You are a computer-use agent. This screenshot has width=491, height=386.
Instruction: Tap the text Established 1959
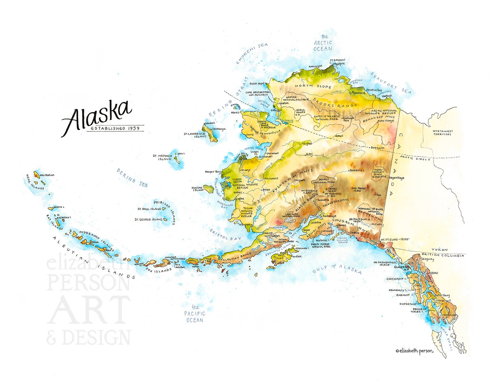[x=115, y=128]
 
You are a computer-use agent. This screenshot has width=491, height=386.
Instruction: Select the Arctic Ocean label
[x=323, y=43]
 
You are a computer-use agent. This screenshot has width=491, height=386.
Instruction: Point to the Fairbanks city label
[x=357, y=170]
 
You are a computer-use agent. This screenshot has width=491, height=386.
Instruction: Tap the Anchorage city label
[x=329, y=216]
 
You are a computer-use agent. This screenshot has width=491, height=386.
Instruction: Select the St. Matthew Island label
[x=163, y=157]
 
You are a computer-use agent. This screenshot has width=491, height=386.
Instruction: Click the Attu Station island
[x=36, y=175]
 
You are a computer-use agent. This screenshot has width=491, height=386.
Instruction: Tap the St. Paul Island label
[x=150, y=209]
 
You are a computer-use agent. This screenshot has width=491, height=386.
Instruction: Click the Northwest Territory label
[x=443, y=133]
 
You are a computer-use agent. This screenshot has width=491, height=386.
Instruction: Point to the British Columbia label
[x=443, y=255]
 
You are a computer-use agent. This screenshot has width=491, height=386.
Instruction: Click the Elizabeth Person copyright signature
[x=414, y=351]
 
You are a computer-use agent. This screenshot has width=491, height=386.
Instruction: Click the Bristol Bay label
[x=225, y=235]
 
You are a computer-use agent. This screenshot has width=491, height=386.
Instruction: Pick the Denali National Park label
[x=324, y=181]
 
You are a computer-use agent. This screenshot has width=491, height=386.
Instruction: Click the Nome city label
[x=250, y=135]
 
